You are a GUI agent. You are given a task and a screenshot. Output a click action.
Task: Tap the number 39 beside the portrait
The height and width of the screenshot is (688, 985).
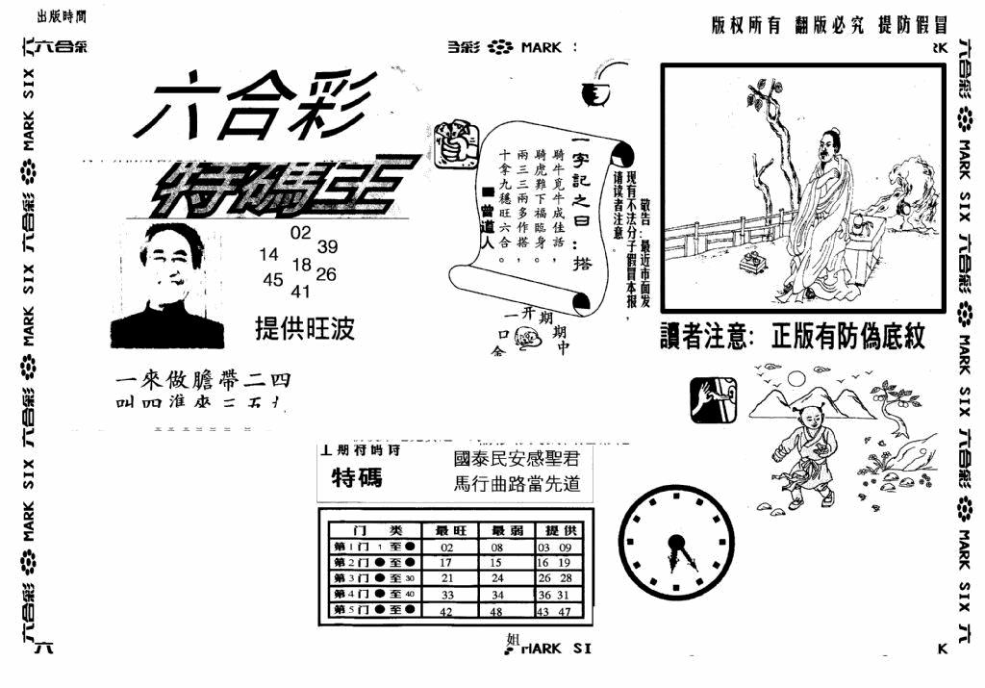(x=328, y=246)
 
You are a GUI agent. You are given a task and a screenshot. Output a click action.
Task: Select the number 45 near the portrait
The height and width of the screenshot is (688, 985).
(x=272, y=279)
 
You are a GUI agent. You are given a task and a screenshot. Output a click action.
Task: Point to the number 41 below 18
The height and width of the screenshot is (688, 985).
(x=301, y=292)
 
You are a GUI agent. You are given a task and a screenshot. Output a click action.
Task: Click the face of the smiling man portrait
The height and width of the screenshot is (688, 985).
(x=170, y=257)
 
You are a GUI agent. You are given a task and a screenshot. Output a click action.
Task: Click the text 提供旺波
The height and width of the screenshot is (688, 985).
(x=305, y=329)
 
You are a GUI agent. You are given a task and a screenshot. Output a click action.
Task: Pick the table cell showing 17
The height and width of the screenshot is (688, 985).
(x=445, y=562)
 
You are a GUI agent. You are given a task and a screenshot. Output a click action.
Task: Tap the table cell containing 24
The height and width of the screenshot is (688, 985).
(x=498, y=578)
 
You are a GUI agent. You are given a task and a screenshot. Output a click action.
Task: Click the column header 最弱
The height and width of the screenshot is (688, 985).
(x=506, y=530)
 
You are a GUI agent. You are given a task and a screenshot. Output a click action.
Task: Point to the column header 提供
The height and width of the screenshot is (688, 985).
(x=561, y=530)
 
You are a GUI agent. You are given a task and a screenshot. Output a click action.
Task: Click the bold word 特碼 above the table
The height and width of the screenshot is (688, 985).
(x=357, y=477)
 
